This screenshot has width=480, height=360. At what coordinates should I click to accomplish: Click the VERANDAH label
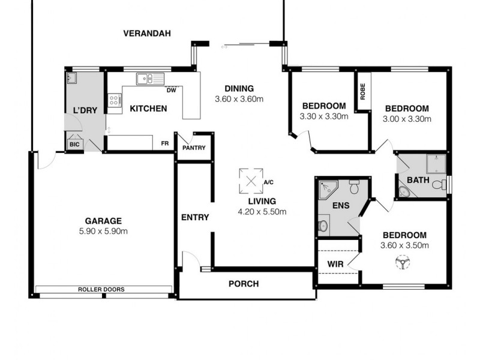click(147, 34)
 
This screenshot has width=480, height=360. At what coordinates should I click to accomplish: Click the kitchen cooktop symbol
click(113, 101)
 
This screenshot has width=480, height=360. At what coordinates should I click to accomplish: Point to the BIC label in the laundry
click(74, 145)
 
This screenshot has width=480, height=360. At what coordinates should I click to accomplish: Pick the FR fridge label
click(164, 144)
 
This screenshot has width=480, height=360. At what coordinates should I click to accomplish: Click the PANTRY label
click(194, 148)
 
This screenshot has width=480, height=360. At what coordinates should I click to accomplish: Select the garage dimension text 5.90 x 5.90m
click(103, 231)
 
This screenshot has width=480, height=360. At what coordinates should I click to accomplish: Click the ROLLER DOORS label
click(101, 289)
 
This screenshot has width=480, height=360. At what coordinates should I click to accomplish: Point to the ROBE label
click(362, 91)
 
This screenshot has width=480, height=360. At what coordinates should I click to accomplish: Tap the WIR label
click(335, 263)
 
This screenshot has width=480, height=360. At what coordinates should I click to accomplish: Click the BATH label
click(418, 180)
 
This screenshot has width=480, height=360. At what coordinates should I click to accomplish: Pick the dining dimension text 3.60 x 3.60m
click(239, 99)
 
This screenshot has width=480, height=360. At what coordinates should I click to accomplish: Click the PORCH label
click(244, 284)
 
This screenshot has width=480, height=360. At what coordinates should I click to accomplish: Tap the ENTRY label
click(194, 217)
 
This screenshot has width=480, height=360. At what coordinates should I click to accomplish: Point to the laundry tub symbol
click(73, 79)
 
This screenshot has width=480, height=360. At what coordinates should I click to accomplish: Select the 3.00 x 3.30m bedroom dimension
click(407, 119)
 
